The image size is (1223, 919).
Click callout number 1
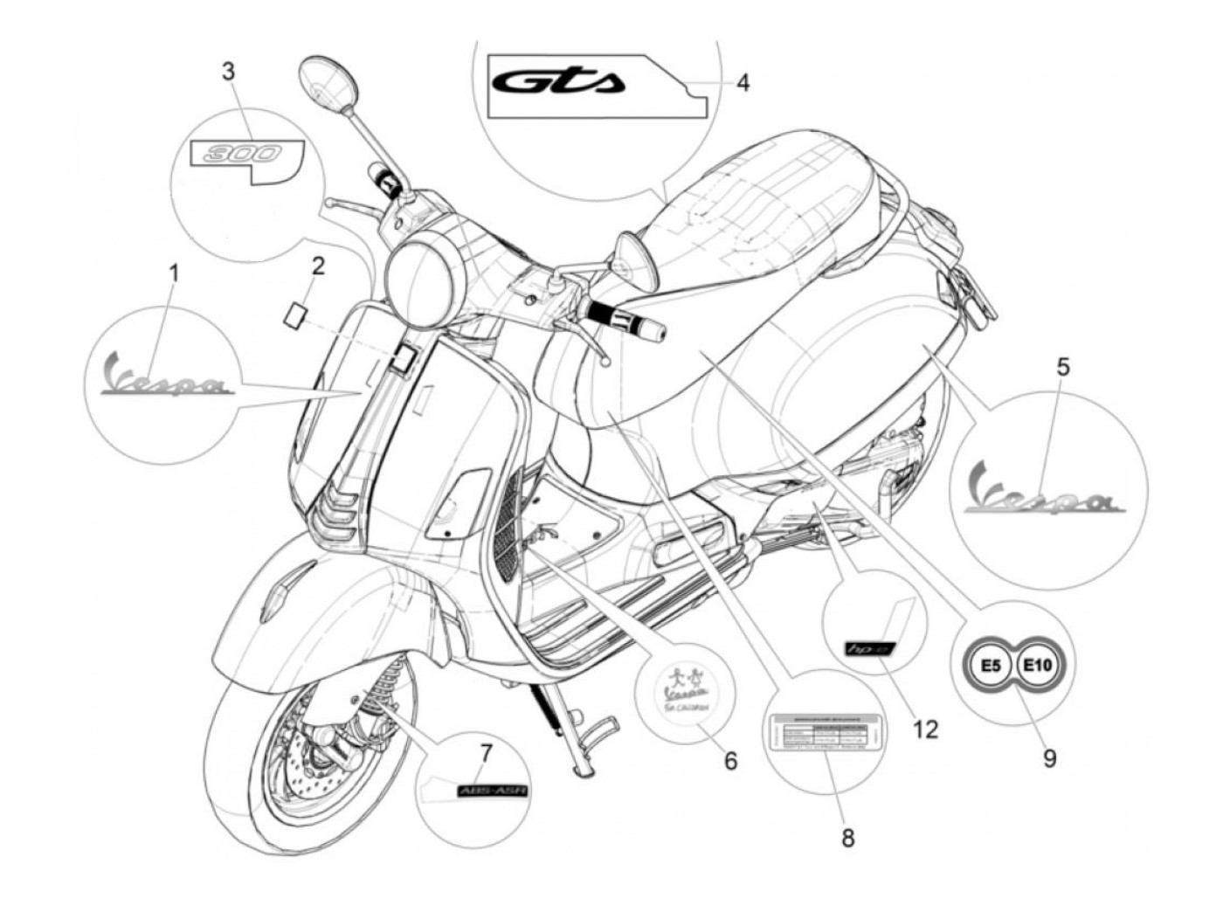coord(173,273)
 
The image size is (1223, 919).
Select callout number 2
coord(318,266)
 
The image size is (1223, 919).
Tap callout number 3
coord(228,71)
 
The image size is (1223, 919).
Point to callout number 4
coord(742,83)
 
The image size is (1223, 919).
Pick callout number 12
coord(925,728)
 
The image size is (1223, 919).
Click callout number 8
coord(847,838)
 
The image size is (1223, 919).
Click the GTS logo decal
coord(559,83)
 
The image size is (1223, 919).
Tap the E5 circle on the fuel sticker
coord(990,667)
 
